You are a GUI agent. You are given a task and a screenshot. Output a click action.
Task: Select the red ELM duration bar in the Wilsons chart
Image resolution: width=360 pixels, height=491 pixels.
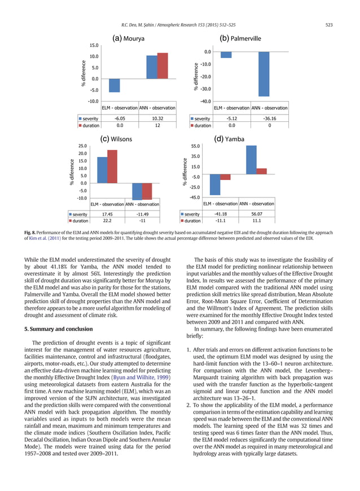[x=112, y=166]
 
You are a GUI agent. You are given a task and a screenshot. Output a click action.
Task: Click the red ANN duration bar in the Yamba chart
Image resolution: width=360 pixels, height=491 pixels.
[x=261, y=171]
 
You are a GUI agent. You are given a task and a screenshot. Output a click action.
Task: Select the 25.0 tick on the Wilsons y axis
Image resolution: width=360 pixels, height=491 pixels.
[x=83, y=146]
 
